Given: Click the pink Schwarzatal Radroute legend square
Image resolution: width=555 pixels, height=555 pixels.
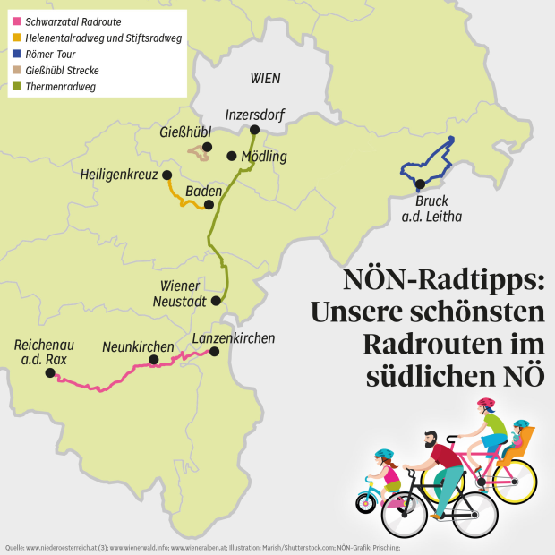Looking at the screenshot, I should [16, 21].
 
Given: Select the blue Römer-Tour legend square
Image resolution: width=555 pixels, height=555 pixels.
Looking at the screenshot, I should [16, 54].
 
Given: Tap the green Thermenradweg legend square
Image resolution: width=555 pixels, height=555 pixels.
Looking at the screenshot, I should [16, 87].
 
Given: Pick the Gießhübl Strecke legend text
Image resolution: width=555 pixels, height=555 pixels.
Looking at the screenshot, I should [62, 70].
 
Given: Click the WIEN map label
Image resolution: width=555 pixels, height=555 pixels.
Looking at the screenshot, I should [265, 78].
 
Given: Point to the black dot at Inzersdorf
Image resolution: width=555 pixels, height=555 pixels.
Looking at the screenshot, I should [254, 130].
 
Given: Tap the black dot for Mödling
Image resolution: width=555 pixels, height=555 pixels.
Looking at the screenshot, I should [231, 156].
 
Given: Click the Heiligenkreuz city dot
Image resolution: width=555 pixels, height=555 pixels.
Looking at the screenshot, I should [166, 175].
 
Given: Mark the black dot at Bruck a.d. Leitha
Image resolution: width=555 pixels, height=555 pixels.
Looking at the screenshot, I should [420, 184].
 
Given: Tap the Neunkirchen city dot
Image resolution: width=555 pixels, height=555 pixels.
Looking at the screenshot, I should [154, 360].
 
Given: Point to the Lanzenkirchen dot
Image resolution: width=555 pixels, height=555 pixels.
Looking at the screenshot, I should [214, 352].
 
